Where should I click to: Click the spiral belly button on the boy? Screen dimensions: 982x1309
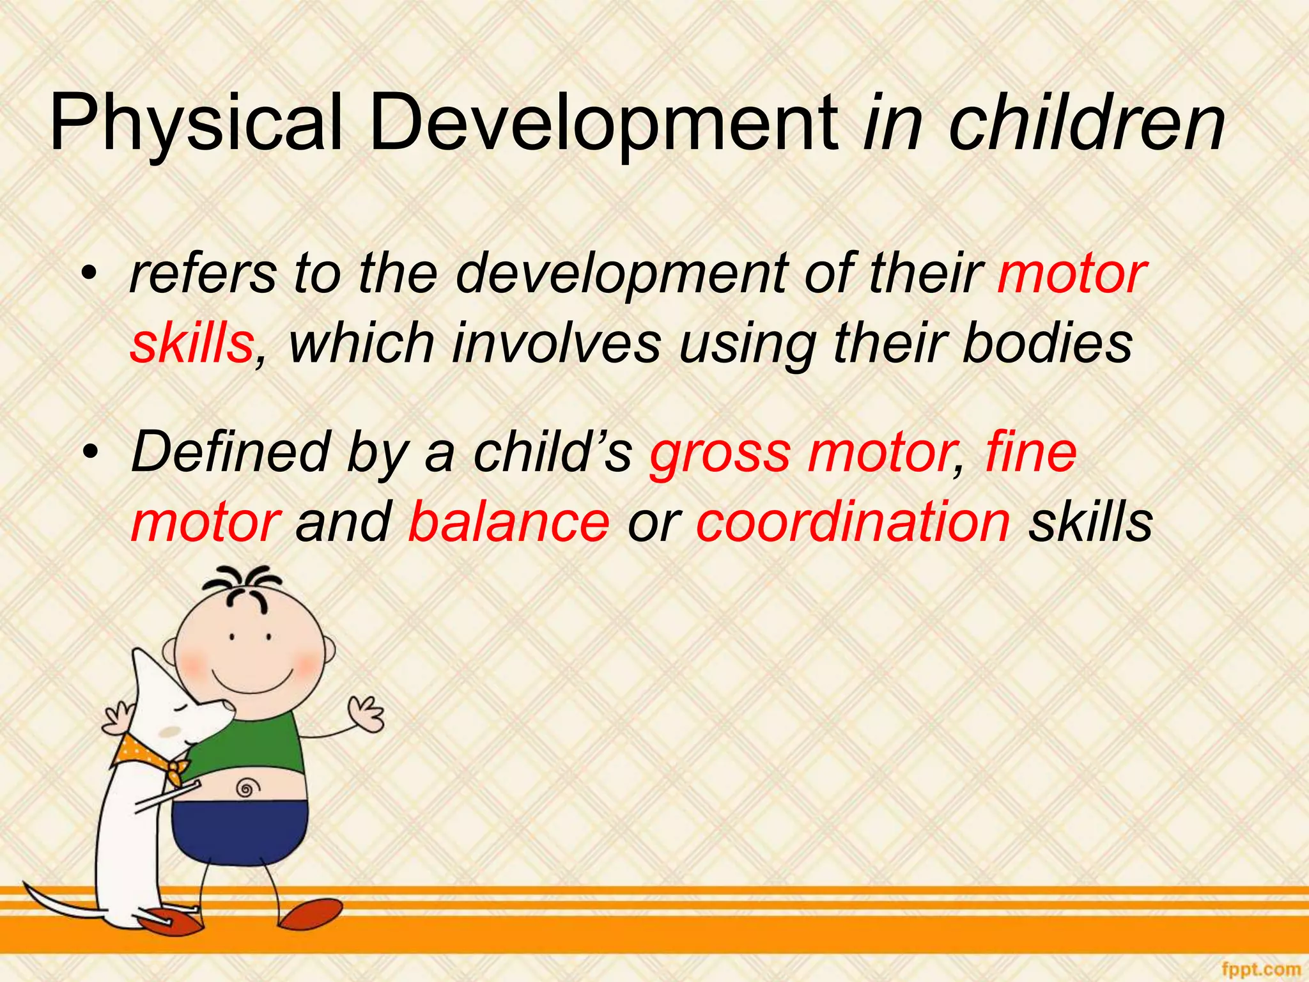[245, 788]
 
